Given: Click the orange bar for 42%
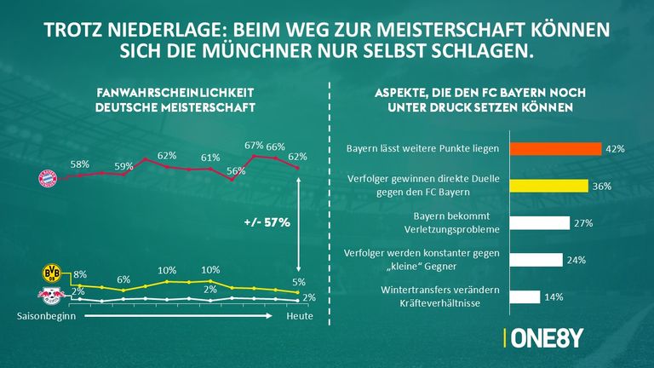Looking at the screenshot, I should pos(555,148).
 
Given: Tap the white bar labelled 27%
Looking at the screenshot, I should pos(539,222).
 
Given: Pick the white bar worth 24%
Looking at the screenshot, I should pos(536,260).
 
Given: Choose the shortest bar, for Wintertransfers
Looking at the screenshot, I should pos(524,297).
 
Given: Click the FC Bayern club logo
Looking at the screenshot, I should pos(48,178).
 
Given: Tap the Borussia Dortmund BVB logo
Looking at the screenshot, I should pos(53,273).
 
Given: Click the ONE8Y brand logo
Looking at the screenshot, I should pos(546,338).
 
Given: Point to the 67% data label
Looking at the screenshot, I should pos(253,146).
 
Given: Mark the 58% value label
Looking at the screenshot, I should pos(80,163).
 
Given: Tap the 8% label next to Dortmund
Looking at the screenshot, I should pos(80,274).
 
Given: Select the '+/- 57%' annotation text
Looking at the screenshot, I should pos(267,222).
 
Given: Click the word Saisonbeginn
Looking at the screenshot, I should pos(41,317).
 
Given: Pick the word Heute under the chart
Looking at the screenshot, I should pos(299,317).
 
